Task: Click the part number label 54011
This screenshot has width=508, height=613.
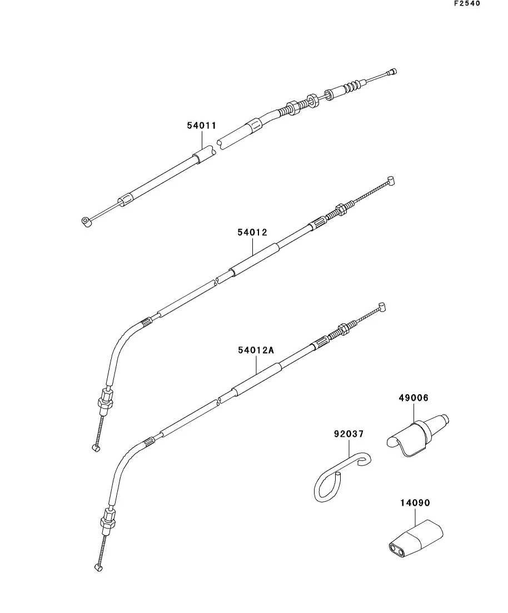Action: [201, 126]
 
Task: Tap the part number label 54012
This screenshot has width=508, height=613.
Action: [252, 232]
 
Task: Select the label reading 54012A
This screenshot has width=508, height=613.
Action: [256, 350]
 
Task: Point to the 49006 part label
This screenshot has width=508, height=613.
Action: [414, 397]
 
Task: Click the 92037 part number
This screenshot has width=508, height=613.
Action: [349, 433]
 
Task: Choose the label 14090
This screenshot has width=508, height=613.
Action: [415, 502]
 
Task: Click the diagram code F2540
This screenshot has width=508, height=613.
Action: [467, 3]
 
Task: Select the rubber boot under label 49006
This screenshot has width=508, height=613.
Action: [417, 435]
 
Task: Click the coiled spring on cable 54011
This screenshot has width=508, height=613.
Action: [351, 86]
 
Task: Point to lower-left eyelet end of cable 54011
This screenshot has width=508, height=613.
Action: [86, 222]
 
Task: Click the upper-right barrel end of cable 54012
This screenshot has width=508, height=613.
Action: [391, 180]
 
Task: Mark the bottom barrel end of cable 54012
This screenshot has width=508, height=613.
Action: [96, 447]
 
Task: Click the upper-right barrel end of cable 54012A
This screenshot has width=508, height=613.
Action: [381, 307]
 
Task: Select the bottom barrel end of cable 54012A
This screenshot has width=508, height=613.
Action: [99, 567]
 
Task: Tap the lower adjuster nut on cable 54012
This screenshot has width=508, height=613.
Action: [105, 401]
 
